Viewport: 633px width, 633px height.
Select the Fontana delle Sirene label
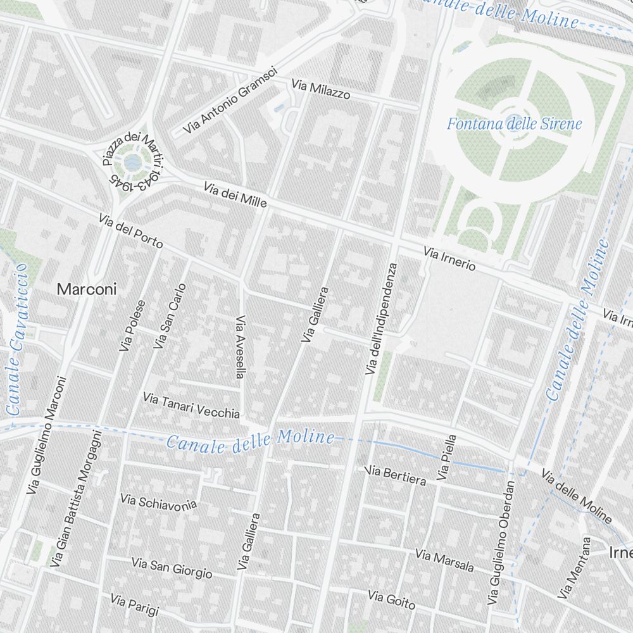pos(514,123)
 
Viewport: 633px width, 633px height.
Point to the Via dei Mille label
pos(235,195)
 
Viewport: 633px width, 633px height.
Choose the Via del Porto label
pos(131,231)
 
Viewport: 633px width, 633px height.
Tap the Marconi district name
pos(87,289)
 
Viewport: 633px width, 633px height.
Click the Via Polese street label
pos(132,325)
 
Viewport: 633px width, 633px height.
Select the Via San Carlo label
pos(170,316)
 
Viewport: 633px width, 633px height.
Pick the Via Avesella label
pos(240,347)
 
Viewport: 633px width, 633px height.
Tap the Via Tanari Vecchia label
pos(191,406)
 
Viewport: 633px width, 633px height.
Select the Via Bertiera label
pos(396,475)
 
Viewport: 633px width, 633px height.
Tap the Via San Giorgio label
pos(172,568)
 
